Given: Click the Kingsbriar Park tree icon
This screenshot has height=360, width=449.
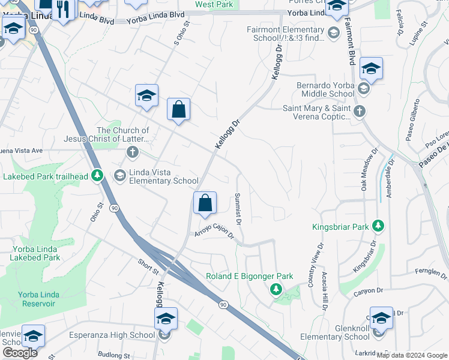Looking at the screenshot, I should (378, 226).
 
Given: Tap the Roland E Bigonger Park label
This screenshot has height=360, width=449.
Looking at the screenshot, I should (249, 276).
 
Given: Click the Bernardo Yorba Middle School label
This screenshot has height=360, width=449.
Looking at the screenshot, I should (325, 89).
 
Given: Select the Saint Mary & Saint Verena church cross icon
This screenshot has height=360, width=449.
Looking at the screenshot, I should (359, 110).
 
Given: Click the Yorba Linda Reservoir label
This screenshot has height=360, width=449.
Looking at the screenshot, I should (37, 299).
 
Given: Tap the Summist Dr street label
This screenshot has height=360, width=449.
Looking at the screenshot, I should (238, 209).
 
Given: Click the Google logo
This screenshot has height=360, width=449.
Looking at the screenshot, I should (20, 353).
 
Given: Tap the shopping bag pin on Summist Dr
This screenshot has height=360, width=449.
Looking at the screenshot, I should (205, 204).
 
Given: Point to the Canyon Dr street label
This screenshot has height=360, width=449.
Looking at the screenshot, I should (369, 291).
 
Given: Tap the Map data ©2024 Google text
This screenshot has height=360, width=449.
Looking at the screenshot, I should (412, 355).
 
